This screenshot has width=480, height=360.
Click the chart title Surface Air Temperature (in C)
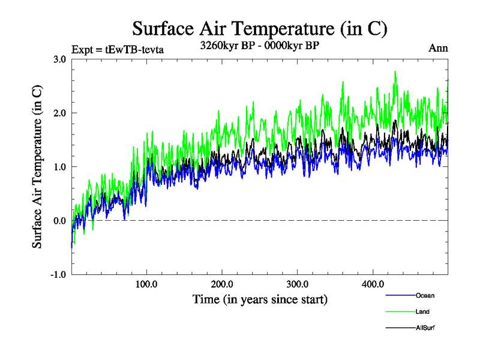(x=260, y=29)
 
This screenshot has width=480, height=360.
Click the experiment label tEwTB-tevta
(x=118, y=49)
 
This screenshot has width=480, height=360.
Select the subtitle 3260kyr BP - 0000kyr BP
(x=260, y=46)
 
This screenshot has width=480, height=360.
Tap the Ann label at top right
(x=438, y=49)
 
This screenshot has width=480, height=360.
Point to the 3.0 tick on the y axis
(x=59, y=59)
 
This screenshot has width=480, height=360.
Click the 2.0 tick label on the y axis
(x=59, y=113)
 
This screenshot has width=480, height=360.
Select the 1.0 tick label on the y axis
(x=59, y=167)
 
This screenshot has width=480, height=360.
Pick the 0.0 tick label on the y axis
(x=59, y=221)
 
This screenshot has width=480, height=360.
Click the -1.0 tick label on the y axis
(x=58, y=275)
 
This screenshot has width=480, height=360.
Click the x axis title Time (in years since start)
(x=260, y=299)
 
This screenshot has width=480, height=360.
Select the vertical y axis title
(x=37, y=167)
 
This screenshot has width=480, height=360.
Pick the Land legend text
(x=422, y=312)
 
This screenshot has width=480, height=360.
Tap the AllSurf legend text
(x=425, y=328)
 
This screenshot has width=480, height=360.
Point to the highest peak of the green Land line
(x=395, y=71)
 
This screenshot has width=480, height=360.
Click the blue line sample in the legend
(x=400, y=296)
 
